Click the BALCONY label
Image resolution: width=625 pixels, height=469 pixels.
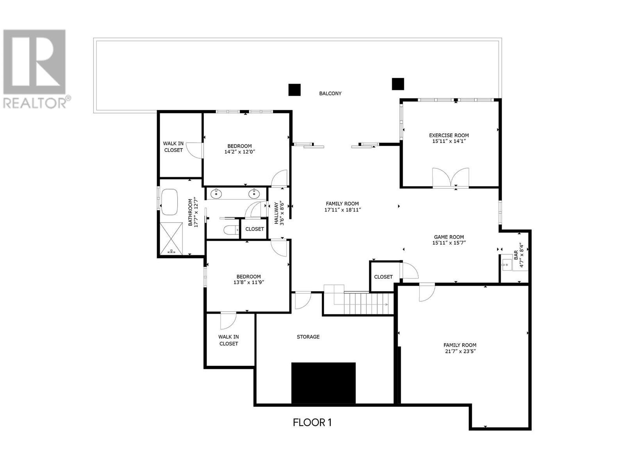pyautogui.click(x=330, y=93)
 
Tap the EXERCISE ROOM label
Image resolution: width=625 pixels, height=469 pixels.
pyautogui.click(x=449, y=135)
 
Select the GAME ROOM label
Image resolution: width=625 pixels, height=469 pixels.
pyautogui.click(x=449, y=236)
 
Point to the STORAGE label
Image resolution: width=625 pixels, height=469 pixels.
pyautogui.click(x=308, y=337)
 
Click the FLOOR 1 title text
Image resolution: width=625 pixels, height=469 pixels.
pyautogui.click(x=312, y=422)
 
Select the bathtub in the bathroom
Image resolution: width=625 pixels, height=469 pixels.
pyautogui.click(x=170, y=202)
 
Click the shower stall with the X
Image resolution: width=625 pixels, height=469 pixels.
pyautogui.click(x=171, y=239)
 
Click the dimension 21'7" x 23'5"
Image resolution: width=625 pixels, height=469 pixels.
pyautogui.click(x=460, y=351)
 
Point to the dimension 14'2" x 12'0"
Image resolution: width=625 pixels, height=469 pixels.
pyautogui.click(x=239, y=152)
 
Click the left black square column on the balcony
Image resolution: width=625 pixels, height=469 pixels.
pyautogui.click(x=295, y=90)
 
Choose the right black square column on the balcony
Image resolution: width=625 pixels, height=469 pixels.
pyautogui.click(x=398, y=84)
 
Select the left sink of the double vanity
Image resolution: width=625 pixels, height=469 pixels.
pyautogui.click(x=216, y=193)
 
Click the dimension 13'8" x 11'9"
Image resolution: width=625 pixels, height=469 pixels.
pyautogui.click(x=248, y=283)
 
